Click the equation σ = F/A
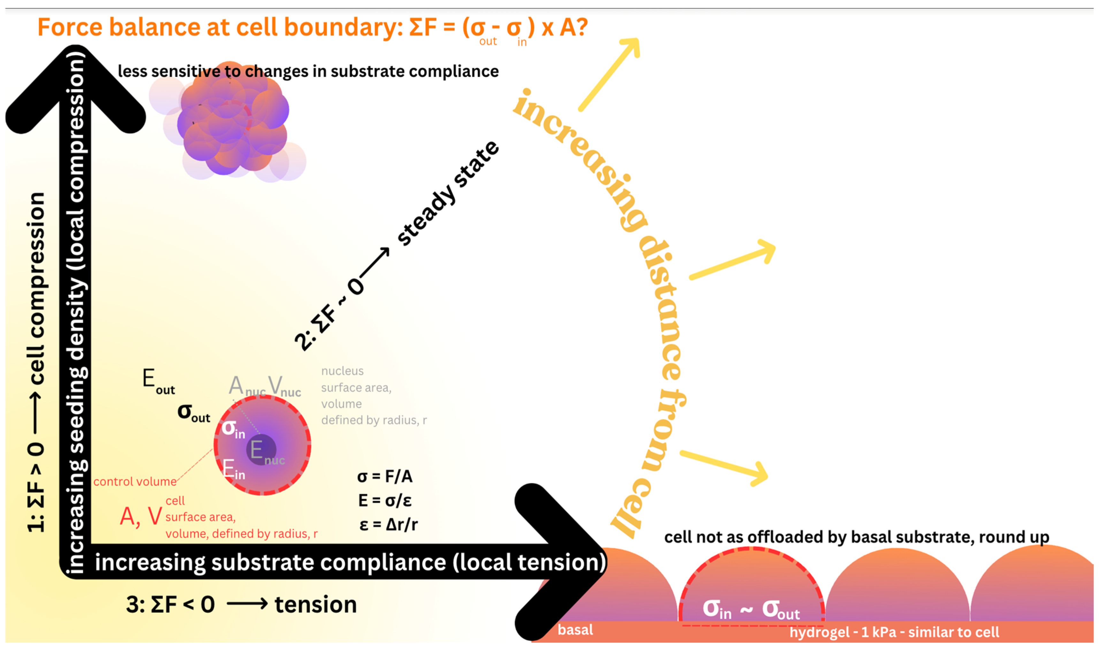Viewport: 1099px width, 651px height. (385, 476)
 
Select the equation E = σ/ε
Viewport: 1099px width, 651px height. (385, 500)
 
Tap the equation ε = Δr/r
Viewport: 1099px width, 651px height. (388, 525)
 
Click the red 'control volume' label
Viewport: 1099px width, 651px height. (135, 482)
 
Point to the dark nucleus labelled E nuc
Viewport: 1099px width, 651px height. (262, 449)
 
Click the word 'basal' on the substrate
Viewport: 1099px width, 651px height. (575, 630)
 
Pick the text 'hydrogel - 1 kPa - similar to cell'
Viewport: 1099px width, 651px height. (894, 632)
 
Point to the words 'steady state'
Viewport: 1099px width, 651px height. (448, 193)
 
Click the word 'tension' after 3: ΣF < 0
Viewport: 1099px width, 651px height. (316, 604)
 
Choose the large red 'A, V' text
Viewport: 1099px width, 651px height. (141, 516)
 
